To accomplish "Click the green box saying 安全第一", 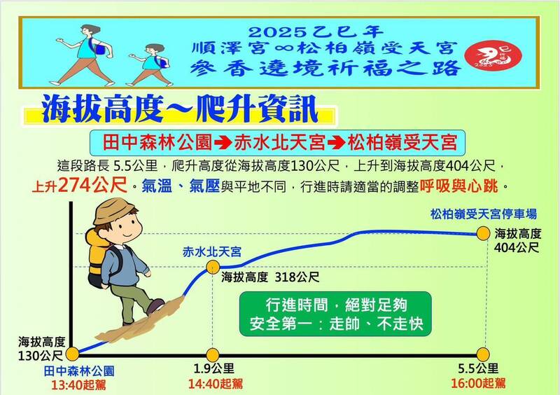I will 335,315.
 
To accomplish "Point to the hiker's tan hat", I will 116,211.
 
